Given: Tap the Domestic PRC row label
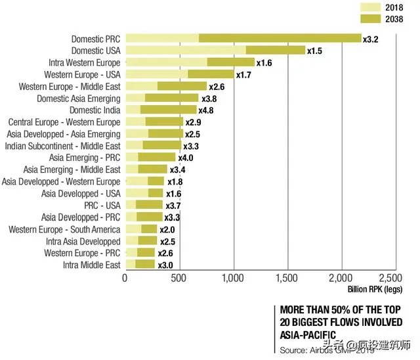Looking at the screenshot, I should point(96,39).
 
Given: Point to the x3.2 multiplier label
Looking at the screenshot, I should point(371,39).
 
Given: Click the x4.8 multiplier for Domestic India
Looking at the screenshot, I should point(206,110).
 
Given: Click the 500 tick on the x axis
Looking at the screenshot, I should point(179,278).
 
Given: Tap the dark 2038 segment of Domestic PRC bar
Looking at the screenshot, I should point(280,39).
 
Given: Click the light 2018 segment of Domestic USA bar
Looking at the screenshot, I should point(185,51).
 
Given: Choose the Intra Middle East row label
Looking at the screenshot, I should point(92,265).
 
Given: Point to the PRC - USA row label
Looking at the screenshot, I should point(102,206).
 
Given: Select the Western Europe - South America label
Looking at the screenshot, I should point(64,229).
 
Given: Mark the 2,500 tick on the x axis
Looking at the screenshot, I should point(394,278).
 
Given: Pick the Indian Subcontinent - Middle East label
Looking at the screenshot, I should point(63,146).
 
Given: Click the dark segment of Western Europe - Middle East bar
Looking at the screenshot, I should point(182,86).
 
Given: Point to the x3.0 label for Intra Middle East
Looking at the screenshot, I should point(164,265).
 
